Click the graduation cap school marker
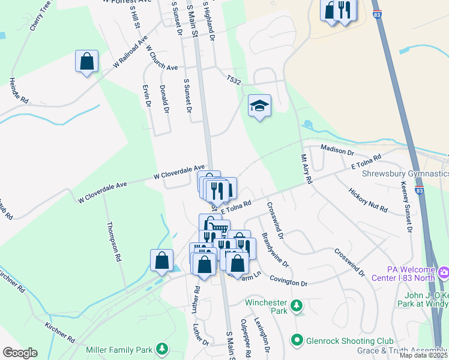point(259,106)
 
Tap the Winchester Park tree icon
point(296,307)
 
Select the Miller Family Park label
point(118,349)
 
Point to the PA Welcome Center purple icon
point(443,273)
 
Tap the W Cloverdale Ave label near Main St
point(178,172)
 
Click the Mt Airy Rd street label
point(306,169)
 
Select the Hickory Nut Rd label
point(367,199)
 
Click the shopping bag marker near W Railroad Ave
point(86,61)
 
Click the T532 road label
point(234,80)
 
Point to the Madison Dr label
point(339,148)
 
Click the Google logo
point(20,353)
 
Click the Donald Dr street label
point(164,98)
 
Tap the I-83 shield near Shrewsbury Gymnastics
point(419,190)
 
